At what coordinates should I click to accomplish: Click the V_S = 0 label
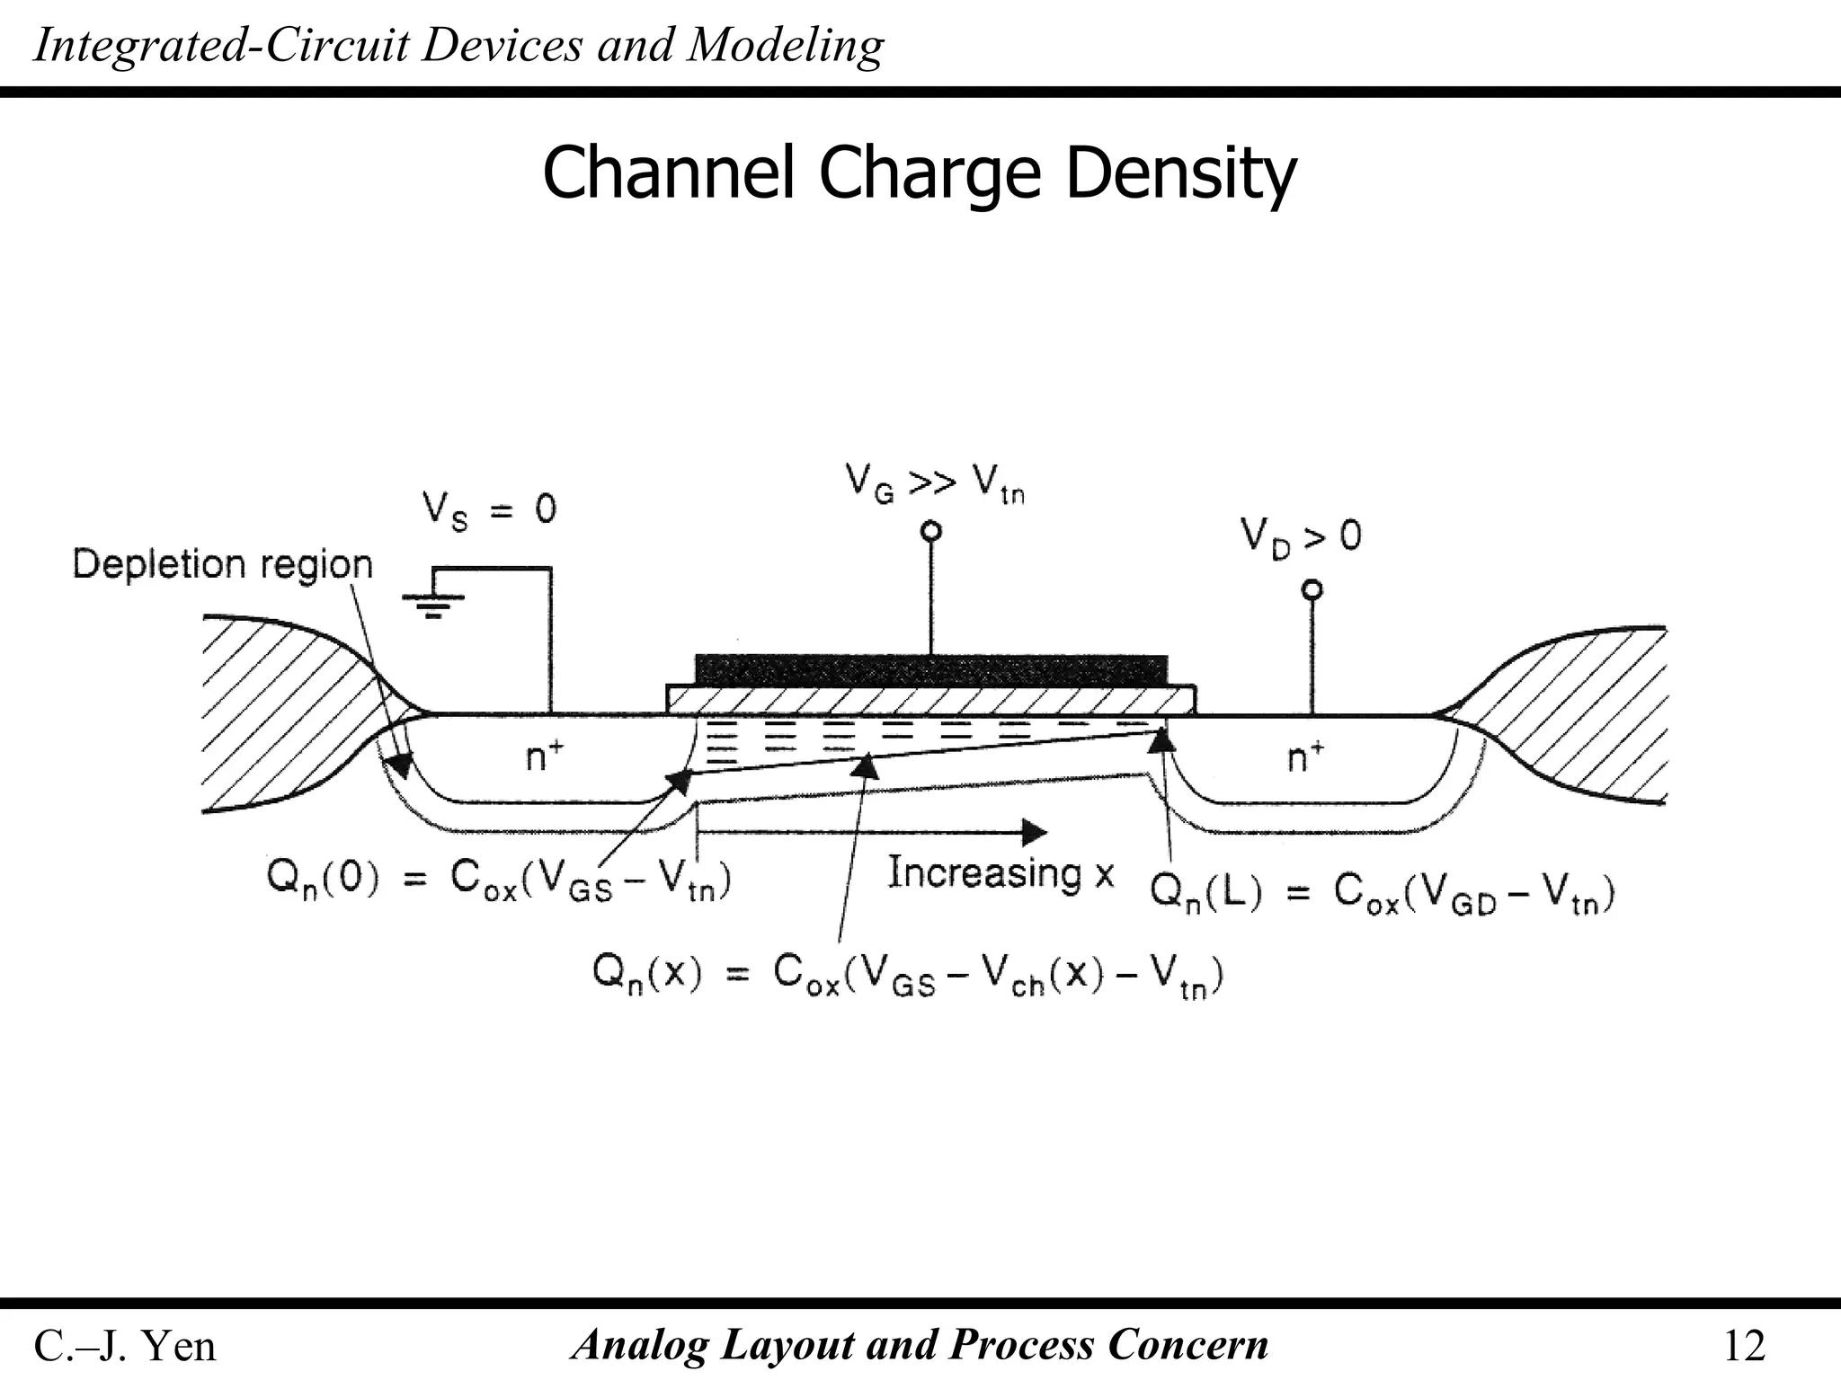[490, 510]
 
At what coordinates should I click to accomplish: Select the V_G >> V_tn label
[935, 485]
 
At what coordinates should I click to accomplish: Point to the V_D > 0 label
[1301, 537]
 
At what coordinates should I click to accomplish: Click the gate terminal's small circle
[931, 531]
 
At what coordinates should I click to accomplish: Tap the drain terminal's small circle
[1312, 590]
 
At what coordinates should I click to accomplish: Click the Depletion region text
[222, 565]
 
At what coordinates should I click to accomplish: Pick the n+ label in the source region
[545, 756]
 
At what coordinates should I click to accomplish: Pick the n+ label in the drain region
[1305, 756]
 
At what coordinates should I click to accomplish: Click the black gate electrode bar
[931, 669]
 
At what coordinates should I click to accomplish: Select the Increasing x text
[1001, 873]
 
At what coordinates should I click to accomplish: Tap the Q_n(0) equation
[499, 879]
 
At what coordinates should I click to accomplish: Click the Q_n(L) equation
[1383, 893]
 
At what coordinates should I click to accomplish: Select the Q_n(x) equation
[908, 975]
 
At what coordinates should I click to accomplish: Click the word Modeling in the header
[786, 45]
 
